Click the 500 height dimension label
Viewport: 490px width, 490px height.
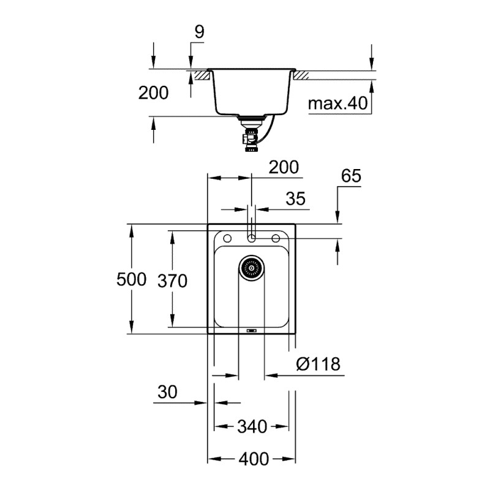[132, 280]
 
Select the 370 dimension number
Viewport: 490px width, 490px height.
[172, 281]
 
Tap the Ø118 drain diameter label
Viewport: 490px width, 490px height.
[317, 364]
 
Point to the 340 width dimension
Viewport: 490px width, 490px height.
[251, 426]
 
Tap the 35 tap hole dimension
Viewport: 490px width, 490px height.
[295, 199]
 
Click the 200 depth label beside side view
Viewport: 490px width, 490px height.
[153, 93]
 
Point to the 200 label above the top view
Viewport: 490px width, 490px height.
[283, 167]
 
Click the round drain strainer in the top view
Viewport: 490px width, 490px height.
[251, 267]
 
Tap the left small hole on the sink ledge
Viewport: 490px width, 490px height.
[227, 237]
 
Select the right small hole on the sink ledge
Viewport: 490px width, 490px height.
[276, 237]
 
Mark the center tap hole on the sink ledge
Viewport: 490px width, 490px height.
[251, 236]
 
